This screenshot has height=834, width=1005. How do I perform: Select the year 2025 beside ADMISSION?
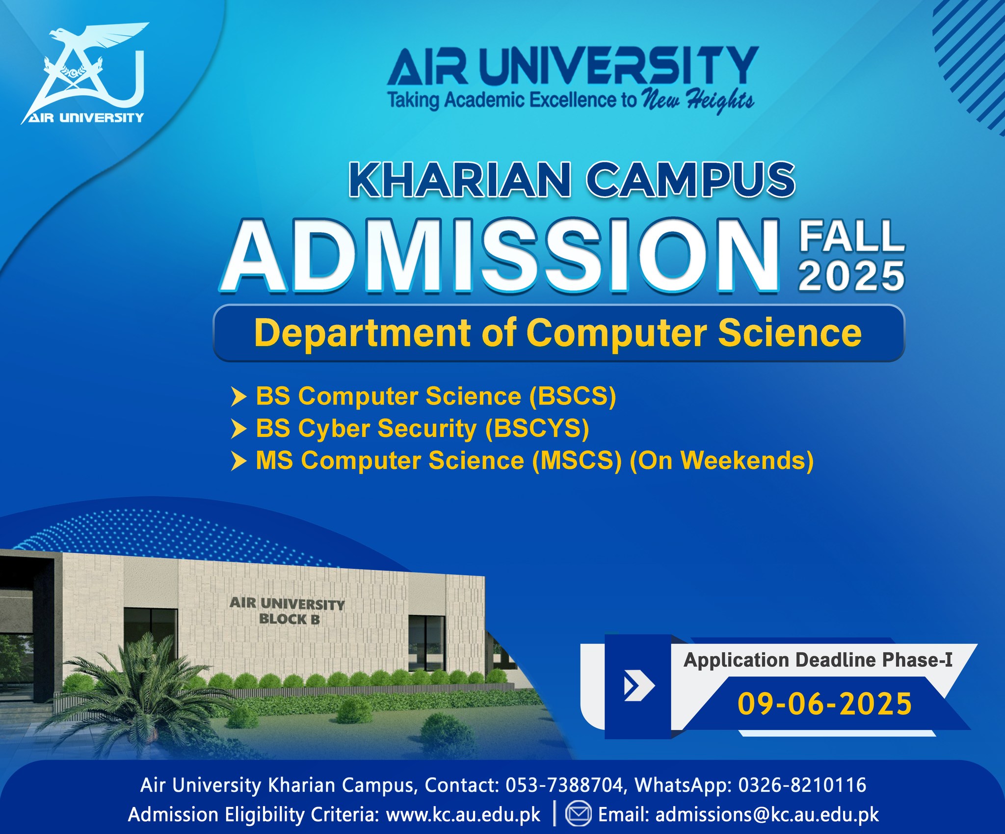pos(851,276)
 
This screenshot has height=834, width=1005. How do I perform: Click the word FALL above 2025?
pos(852,237)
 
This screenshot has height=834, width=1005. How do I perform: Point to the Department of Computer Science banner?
pos(558,333)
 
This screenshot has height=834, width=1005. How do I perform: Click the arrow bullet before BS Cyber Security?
pos(238,429)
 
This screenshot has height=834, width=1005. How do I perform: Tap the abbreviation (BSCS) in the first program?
pos(572,396)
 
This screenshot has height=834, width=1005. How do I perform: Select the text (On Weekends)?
pos(721,460)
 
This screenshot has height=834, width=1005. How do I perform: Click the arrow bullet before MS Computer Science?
pos(238,461)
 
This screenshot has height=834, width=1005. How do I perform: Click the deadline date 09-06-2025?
pos(825,703)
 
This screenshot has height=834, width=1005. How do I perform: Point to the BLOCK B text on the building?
pos(290,619)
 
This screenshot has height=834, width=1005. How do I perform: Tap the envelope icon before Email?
pos(579,814)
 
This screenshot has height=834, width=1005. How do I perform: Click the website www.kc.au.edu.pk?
pos(463,815)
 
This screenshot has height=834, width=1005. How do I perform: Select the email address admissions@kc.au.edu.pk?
pos(767,815)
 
